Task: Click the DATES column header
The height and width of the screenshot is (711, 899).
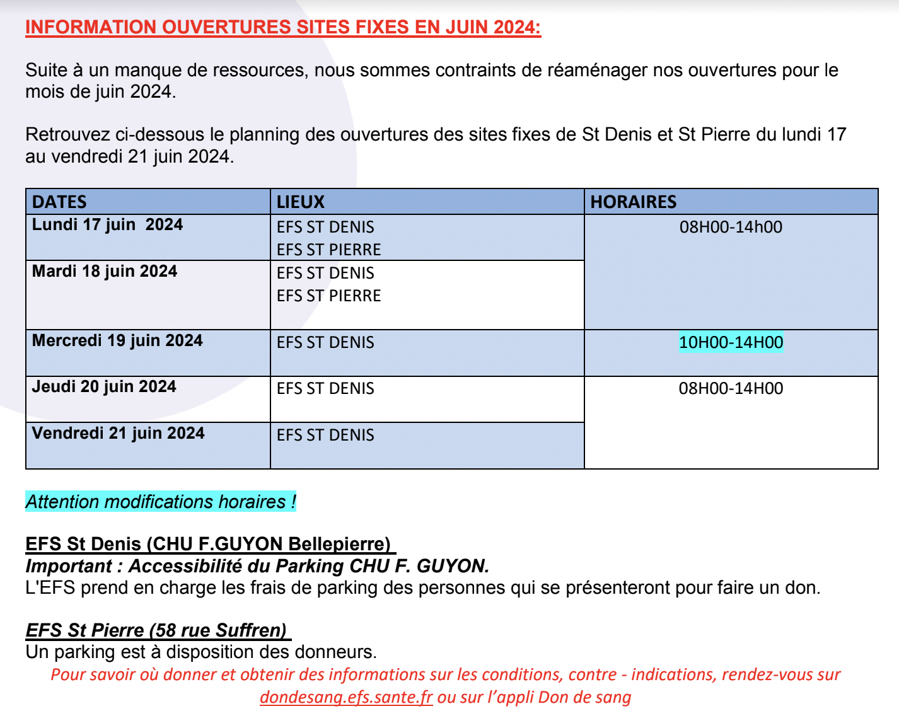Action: click(59, 202)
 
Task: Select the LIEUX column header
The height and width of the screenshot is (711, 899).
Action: click(301, 202)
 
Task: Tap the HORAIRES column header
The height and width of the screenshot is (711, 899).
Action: click(633, 202)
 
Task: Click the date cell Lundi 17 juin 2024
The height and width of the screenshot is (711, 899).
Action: click(107, 225)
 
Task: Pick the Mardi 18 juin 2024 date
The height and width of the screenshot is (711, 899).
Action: click(105, 272)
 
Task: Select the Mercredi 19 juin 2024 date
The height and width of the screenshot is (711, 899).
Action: click(117, 341)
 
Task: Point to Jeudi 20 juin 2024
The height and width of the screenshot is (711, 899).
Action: click(104, 387)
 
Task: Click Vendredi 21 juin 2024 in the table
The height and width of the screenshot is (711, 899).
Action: click(118, 434)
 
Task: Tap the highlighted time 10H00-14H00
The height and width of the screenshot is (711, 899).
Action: click(731, 343)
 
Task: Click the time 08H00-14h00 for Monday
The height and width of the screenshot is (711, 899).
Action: click(731, 227)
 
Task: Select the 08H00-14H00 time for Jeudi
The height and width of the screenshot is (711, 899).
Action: click(731, 388)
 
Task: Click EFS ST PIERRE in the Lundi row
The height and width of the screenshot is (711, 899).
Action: click(328, 250)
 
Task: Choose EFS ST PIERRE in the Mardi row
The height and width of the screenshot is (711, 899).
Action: click(328, 296)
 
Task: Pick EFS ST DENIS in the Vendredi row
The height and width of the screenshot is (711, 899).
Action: click(325, 435)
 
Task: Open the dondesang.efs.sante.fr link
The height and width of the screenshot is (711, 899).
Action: click(346, 697)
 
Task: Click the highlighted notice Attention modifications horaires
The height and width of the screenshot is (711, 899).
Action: click(161, 502)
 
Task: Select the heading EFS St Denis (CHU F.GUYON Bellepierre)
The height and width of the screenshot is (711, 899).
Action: click(208, 544)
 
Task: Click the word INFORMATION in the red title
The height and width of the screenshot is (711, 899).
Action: click(91, 28)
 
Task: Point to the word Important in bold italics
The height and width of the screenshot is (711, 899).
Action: click(69, 566)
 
